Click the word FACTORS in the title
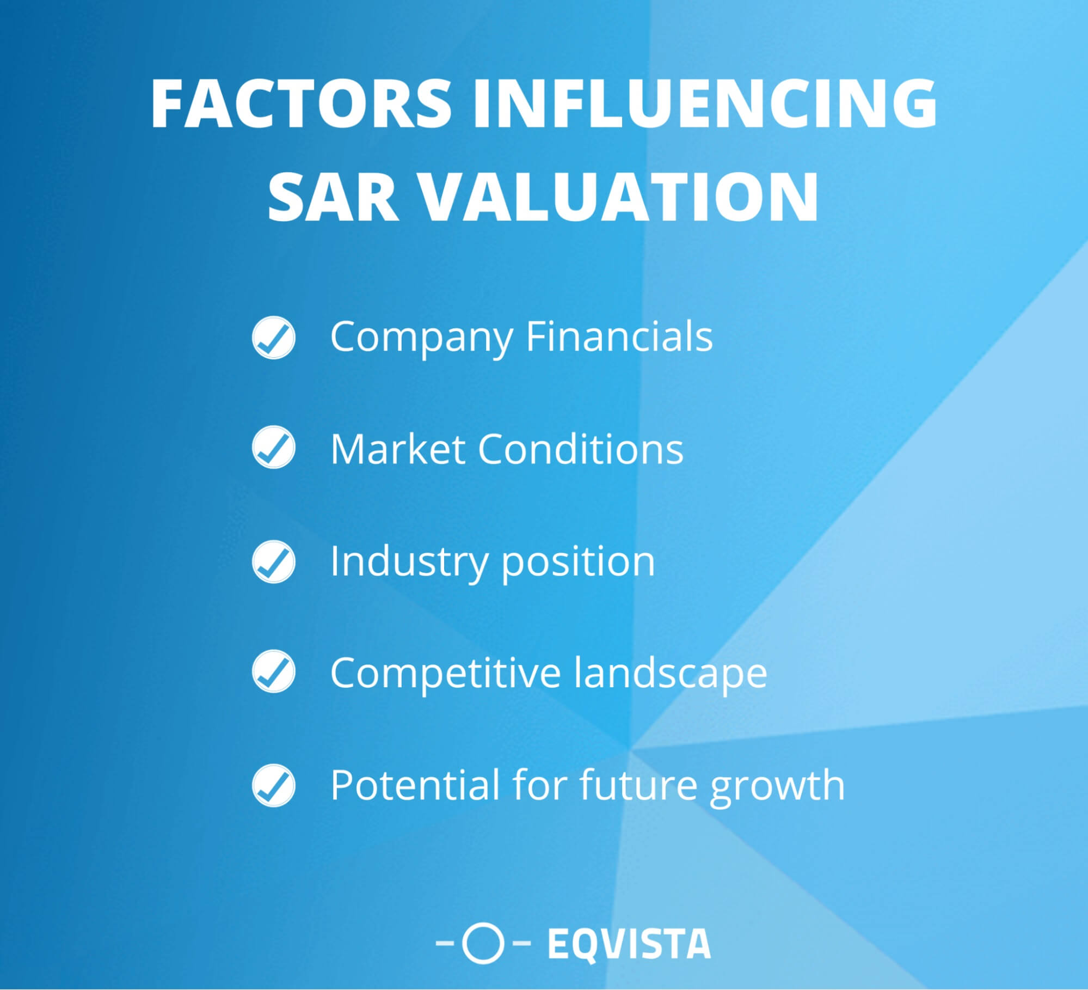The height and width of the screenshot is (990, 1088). pyautogui.click(x=301, y=103)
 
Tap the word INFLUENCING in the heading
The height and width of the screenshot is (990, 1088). pyautogui.click(x=705, y=103)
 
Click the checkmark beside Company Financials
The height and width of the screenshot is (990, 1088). pyautogui.click(x=274, y=338)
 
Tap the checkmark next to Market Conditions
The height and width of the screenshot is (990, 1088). pyautogui.click(x=274, y=448)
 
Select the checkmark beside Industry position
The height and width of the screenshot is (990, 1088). pyautogui.click(x=274, y=561)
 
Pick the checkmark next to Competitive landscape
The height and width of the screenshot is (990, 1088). pyautogui.click(x=274, y=673)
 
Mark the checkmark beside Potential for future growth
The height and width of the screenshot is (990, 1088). pyautogui.click(x=274, y=785)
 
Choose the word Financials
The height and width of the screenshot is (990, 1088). pyautogui.click(x=619, y=337)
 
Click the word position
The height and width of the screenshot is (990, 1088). pyautogui.click(x=577, y=563)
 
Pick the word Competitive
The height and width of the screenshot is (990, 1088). pyautogui.click(x=446, y=673)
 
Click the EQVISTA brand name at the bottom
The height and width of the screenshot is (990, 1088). pyautogui.click(x=629, y=944)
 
